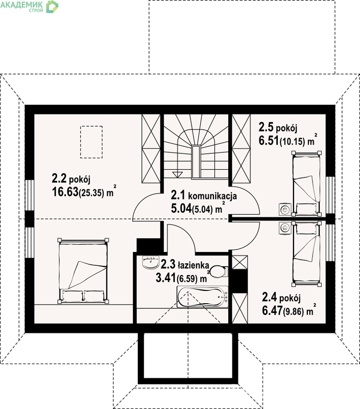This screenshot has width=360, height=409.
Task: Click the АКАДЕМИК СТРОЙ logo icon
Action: pos(52,7)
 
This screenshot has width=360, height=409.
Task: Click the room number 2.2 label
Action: pos(59,178)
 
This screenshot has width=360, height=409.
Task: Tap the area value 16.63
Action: pos(65,192)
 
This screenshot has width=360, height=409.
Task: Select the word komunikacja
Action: pos(212,196)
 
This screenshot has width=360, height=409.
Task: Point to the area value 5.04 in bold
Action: pos(181,209)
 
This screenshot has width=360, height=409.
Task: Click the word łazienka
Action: pos(194,265)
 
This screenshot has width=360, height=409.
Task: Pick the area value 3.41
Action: pos(166,278)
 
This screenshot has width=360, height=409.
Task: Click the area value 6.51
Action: pos(269,140)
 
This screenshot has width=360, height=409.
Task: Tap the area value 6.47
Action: pos(272,311)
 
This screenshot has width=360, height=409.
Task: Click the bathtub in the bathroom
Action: pos(203,297)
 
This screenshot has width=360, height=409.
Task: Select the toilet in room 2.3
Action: pos(219,271)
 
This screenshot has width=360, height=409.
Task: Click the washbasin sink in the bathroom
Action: pos(151,262)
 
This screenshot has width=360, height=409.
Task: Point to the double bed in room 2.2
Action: pos(83,271)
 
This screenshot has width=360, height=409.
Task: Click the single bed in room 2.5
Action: pos(306,184)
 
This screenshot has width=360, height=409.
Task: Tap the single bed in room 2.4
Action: pos(306,253)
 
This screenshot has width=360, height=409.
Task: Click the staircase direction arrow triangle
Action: pos(177,174)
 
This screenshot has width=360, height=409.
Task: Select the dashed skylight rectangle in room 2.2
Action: pos(91,142)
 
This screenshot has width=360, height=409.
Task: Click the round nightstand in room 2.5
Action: pos(285,209)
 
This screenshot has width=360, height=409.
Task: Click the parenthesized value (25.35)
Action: pos(91,193)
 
